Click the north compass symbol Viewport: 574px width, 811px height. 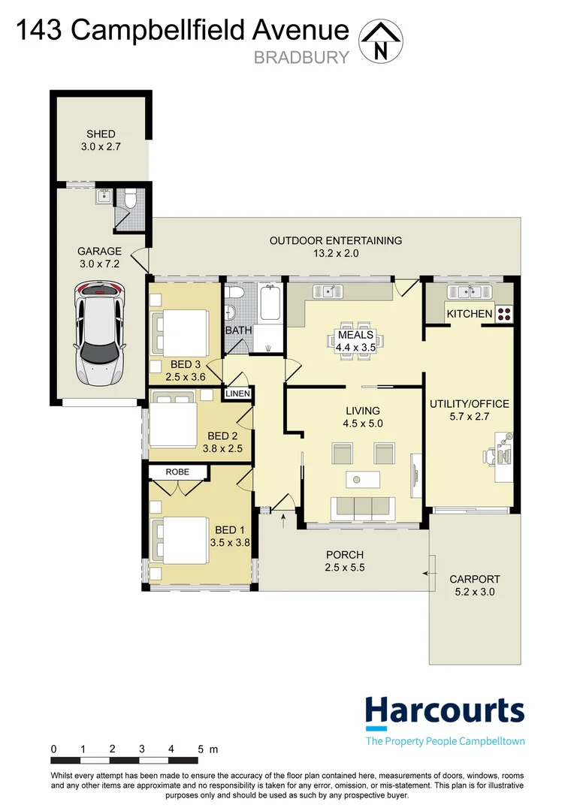pos(381,41)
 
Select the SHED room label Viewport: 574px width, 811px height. pos(101,134)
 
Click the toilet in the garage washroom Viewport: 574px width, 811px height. pos(131,199)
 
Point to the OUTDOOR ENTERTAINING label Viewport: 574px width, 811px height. pos(336,240)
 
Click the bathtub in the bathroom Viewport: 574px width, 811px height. pos(270,303)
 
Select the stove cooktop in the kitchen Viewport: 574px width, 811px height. pos(503,313)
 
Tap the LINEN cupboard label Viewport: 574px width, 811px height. pos(237,393)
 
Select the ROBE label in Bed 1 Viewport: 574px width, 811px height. pos(179,472)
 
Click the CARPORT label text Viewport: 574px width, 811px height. pos(474,579)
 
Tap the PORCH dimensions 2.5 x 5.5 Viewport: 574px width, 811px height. pos(345,568)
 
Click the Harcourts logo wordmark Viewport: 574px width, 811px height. pos(444,710)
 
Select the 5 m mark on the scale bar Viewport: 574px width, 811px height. pos(202,749)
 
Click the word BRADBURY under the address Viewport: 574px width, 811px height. pos(301,56)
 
